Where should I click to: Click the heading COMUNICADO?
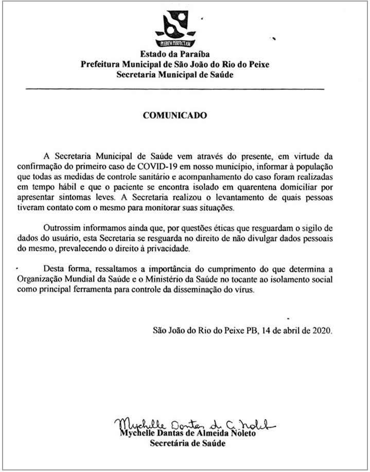(174, 116)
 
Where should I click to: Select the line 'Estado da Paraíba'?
(174, 54)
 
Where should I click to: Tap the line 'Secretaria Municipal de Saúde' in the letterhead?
(174, 75)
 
